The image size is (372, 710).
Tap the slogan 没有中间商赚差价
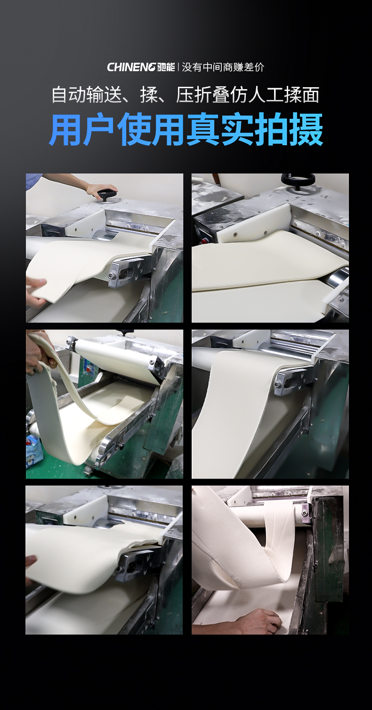click(x=223, y=67)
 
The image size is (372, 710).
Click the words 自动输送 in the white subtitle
click(x=87, y=94)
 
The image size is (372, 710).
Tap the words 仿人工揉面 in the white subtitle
click(x=275, y=94)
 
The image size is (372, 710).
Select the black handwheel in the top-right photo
click(x=298, y=180)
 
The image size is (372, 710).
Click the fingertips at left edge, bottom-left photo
click(x=30, y=561)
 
